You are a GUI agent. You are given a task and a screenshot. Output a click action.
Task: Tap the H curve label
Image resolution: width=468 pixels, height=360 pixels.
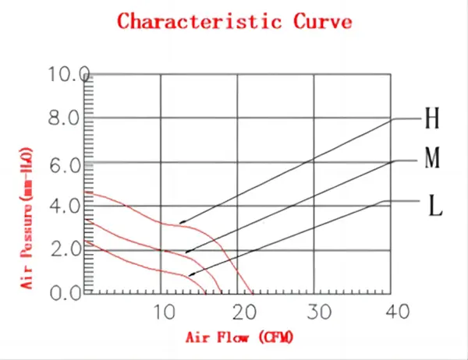[431, 119]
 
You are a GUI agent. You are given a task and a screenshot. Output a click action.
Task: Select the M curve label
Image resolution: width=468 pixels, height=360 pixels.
[433, 161]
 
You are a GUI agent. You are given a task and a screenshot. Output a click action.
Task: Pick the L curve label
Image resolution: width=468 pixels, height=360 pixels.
[436, 206]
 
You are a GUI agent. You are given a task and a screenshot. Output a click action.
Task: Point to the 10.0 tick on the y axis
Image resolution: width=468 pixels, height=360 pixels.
[69, 75]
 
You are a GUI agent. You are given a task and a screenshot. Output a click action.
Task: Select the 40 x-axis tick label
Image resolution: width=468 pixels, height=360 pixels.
[396, 312]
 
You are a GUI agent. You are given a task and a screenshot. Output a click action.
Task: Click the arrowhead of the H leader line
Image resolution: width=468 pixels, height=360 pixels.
[181, 223]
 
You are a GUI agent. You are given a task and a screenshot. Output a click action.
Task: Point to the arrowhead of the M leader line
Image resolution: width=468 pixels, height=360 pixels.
[187, 252]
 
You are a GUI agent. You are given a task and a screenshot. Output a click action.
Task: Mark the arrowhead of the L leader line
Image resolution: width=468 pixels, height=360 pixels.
[191, 275]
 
